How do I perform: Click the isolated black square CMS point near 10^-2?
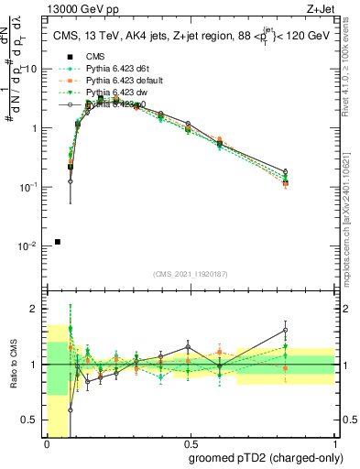[58, 242]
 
